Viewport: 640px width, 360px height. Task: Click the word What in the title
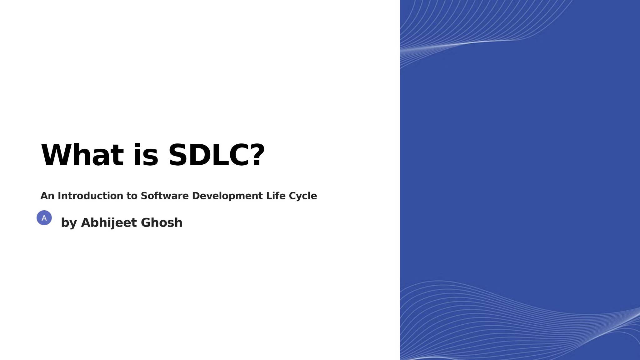tap(82, 155)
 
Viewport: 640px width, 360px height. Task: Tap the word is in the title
tap(146, 155)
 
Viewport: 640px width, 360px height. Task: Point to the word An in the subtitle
tap(47, 196)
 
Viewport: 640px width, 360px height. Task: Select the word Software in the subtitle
tap(165, 196)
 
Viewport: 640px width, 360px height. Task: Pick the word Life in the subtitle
tap(276, 196)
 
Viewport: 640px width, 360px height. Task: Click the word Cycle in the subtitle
tap(303, 196)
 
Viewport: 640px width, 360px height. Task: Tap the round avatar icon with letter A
tap(44, 218)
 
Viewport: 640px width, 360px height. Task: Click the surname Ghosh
tap(162, 222)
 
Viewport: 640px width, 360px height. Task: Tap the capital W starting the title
tap(55, 155)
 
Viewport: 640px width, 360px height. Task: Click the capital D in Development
tap(196, 196)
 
